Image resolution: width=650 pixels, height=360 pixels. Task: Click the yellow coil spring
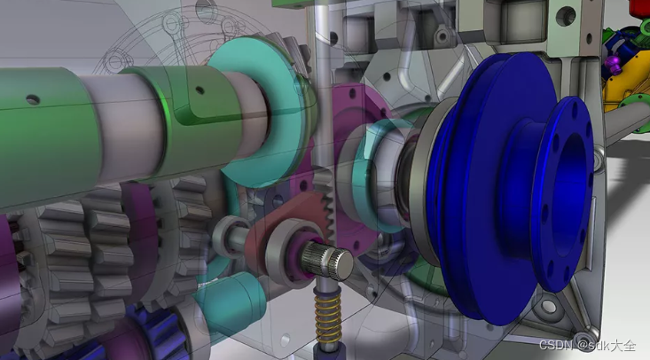tap(327, 318)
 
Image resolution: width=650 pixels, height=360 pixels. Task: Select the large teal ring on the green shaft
tap(262, 112)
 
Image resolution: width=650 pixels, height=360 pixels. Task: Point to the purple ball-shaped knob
tap(613, 63)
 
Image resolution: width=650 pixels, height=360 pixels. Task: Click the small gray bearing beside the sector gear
tap(226, 238)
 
